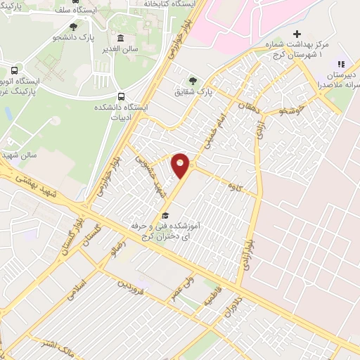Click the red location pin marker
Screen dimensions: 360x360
(x=181, y=165)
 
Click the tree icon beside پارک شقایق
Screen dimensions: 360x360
(x=193, y=80)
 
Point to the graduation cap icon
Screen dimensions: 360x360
(x=165, y=216)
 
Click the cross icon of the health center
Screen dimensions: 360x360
(x=297, y=34)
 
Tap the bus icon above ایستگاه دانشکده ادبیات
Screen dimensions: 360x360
(x=121, y=96)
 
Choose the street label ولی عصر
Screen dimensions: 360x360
(x=179, y=288)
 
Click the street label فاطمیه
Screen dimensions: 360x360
(x=212, y=300)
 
